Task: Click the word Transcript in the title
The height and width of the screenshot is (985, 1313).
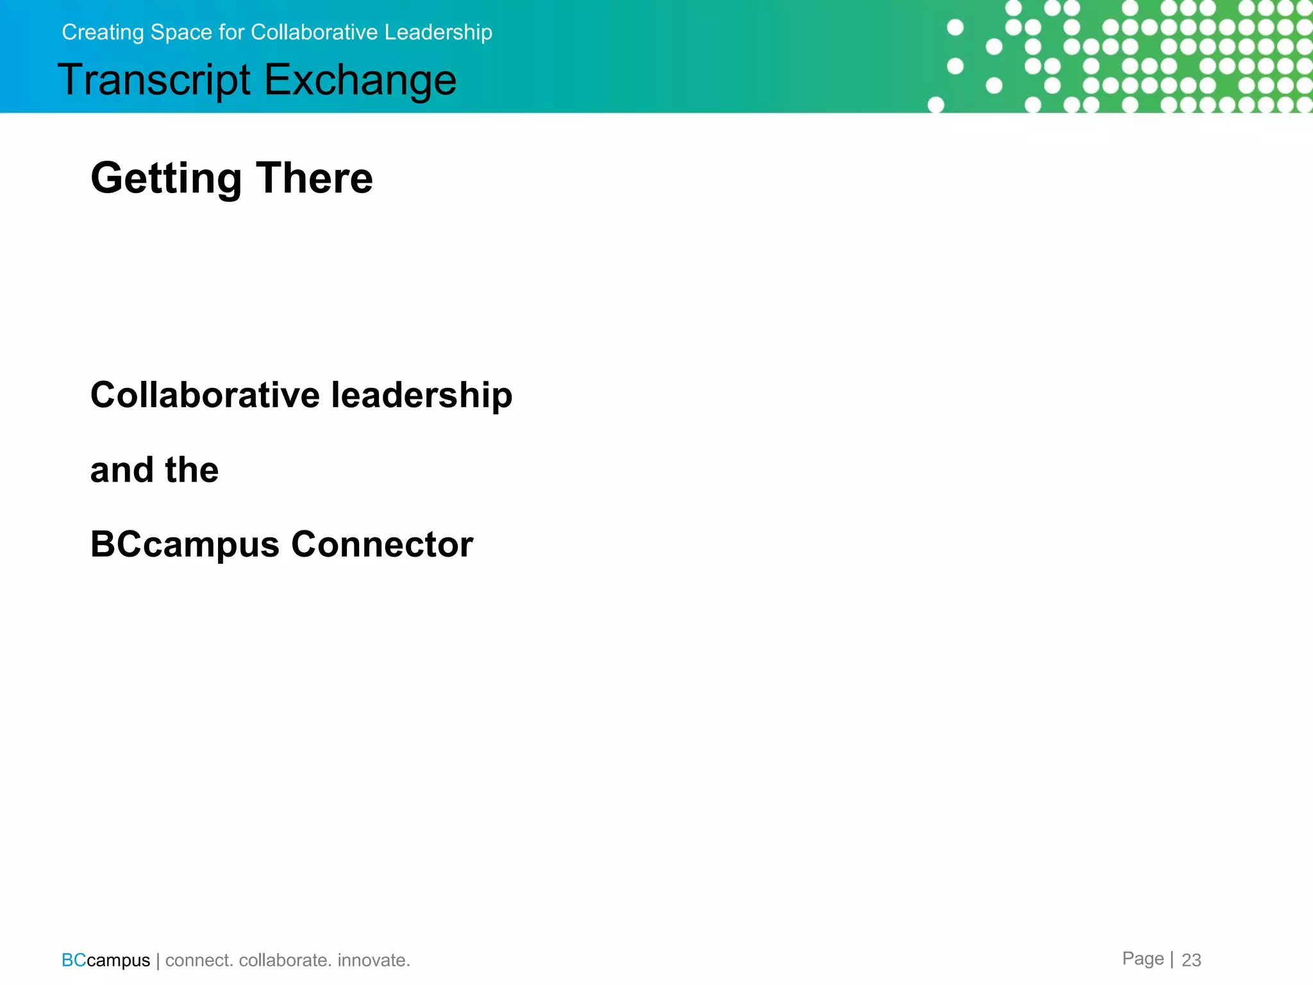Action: pyautogui.click(x=154, y=81)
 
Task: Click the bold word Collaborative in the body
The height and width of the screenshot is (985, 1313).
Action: pyautogui.click(x=205, y=394)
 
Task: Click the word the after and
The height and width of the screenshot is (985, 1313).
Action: pyautogui.click(x=192, y=470)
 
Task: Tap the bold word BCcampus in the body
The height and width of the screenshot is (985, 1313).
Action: pyautogui.click(x=185, y=545)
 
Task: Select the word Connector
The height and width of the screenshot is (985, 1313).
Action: pyautogui.click(x=382, y=544)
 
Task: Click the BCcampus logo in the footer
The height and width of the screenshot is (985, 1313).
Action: pyautogui.click(x=106, y=960)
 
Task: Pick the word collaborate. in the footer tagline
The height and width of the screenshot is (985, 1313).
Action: pyautogui.click(x=285, y=960)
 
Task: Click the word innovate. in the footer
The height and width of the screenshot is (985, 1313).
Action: pyautogui.click(x=373, y=960)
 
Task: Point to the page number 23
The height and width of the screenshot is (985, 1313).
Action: pyautogui.click(x=1191, y=960)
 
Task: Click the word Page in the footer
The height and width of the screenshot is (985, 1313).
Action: pyautogui.click(x=1142, y=959)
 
